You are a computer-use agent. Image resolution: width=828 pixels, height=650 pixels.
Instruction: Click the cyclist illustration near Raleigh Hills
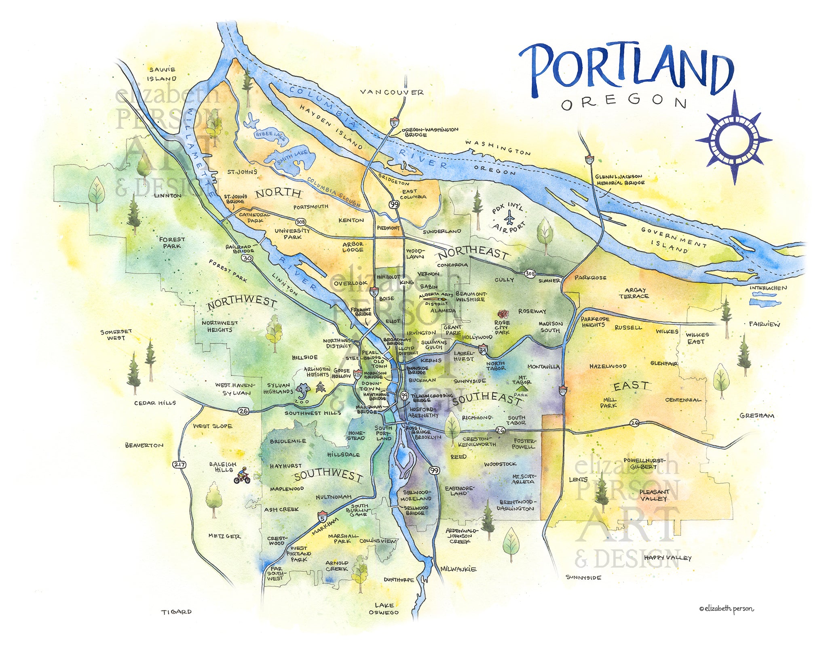click(242, 475)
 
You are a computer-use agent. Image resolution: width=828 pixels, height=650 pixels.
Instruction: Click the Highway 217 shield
click(179, 465)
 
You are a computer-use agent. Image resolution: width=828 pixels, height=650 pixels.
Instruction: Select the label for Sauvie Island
click(161, 74)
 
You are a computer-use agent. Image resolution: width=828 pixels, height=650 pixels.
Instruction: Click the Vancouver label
click(392, 93)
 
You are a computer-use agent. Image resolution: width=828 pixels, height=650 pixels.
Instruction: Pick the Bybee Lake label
click(270, 136)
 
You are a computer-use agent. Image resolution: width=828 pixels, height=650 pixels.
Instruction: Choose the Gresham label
click(757, 416)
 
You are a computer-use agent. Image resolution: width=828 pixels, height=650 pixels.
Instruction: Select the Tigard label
click(177, 612)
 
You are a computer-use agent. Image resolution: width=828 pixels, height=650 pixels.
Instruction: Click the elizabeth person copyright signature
click(726, 608)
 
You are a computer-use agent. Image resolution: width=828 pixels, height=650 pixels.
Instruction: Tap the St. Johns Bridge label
click(235, 199)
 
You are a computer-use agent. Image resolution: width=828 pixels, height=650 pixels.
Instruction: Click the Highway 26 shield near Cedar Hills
click(243, 411)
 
